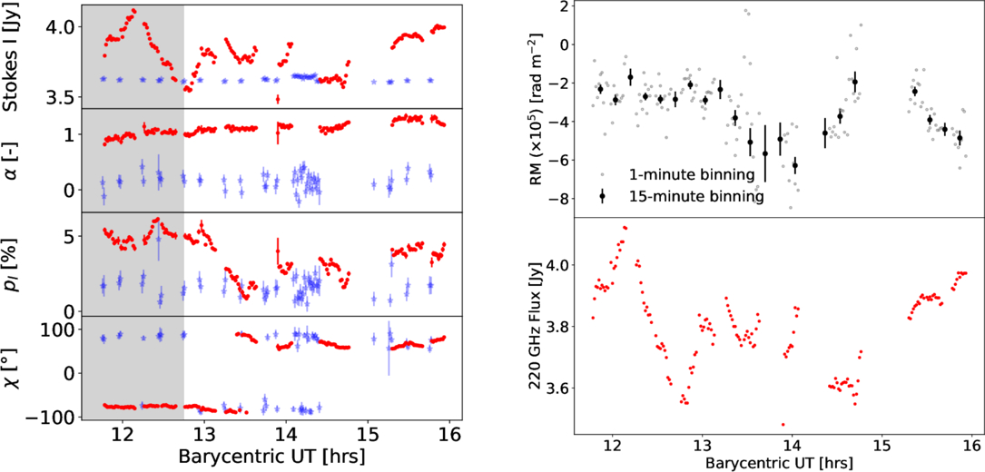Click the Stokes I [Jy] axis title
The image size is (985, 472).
click(x=13, y=55)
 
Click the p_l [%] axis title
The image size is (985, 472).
click(x=13, y=264)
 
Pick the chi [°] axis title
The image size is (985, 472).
click(x=13, y=368)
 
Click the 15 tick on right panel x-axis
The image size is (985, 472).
click(x=881, y=447)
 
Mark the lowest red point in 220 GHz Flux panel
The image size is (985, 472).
click(x=783, y=424)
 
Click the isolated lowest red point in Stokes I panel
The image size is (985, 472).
click(x=278, y=98)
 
